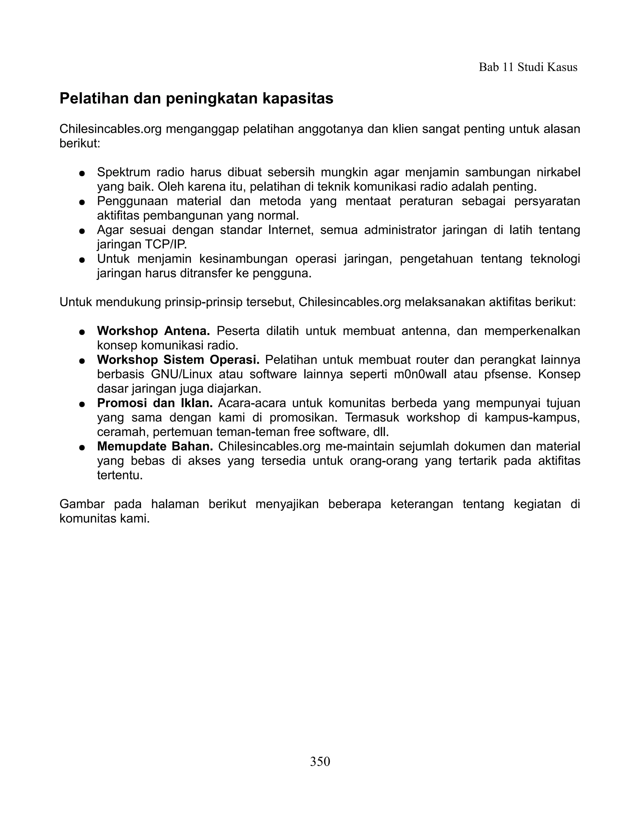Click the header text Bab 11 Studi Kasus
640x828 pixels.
click(528, 67)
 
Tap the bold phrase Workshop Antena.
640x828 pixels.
click(153, 331)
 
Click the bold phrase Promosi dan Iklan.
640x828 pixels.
click(155, 403)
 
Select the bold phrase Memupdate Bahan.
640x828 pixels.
click(155, 446)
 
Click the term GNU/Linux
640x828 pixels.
click(181, 374)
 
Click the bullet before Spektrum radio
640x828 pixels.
click(81, 174)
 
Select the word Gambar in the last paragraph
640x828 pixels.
click(82, 504)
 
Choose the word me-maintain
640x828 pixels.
click(361, 446)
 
